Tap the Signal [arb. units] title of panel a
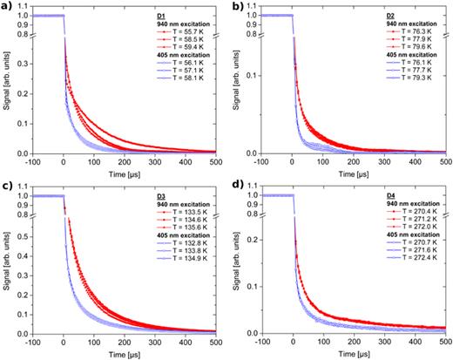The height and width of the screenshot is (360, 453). pos(8,87)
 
